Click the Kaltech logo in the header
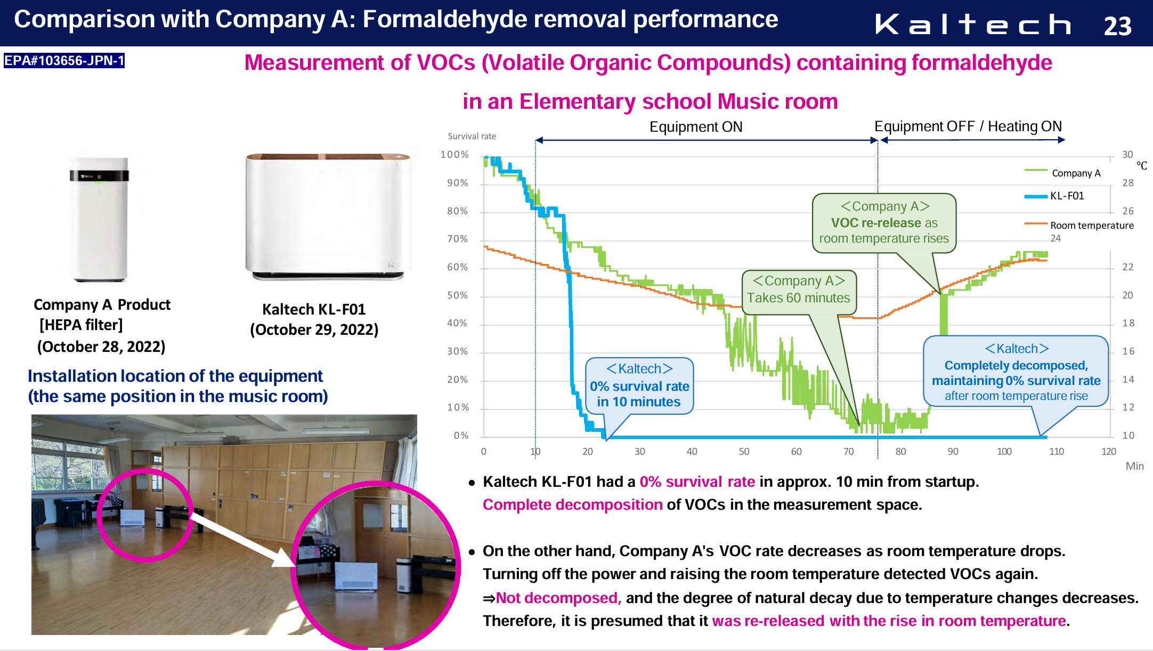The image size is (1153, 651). [x=973, y=24]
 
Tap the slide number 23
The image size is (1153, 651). [x=1117, y=26]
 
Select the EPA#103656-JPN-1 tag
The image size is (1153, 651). [x=64, y=60]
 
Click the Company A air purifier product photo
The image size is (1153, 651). [x=100, y=219]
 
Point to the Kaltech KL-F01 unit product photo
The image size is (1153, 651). [x=328, y=216]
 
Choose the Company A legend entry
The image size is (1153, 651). [x=1062, y=173]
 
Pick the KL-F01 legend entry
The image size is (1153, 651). [x=1054, y=196]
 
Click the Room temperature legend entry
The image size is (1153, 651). [x=1079, y=225]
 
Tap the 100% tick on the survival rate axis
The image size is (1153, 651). [x=454, y=155]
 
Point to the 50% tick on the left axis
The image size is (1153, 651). [x=457, y=295]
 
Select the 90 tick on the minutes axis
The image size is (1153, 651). [x=953, y=452]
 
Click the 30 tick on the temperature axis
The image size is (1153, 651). [x=1127, y=155]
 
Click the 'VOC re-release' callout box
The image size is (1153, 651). [x=884, y=223]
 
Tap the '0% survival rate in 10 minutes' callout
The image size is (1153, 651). [x=639, y=386]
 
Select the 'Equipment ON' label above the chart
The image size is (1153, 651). [x=696, y=127]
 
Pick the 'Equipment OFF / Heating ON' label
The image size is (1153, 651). [x=968, y=126]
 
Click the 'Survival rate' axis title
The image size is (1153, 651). [x=472, y=136]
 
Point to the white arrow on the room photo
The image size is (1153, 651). [x=242, y=540]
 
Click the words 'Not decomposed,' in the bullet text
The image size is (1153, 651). [x=558, y=598]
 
